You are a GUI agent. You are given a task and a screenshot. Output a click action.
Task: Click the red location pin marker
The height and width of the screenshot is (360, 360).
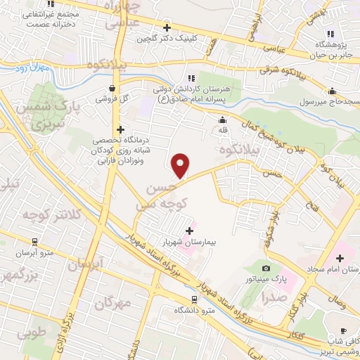[x=181, y=165]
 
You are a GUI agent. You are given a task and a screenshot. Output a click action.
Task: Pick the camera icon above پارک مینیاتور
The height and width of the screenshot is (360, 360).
[x=266, y=269]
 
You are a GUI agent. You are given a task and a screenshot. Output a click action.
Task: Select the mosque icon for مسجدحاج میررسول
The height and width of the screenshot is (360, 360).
[x=333, y=90]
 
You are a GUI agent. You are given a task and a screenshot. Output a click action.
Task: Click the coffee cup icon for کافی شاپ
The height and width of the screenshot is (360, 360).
[x=342, y=330]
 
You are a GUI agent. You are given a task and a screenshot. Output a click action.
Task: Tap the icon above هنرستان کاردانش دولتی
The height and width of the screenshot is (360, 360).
[x=191, y=77]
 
